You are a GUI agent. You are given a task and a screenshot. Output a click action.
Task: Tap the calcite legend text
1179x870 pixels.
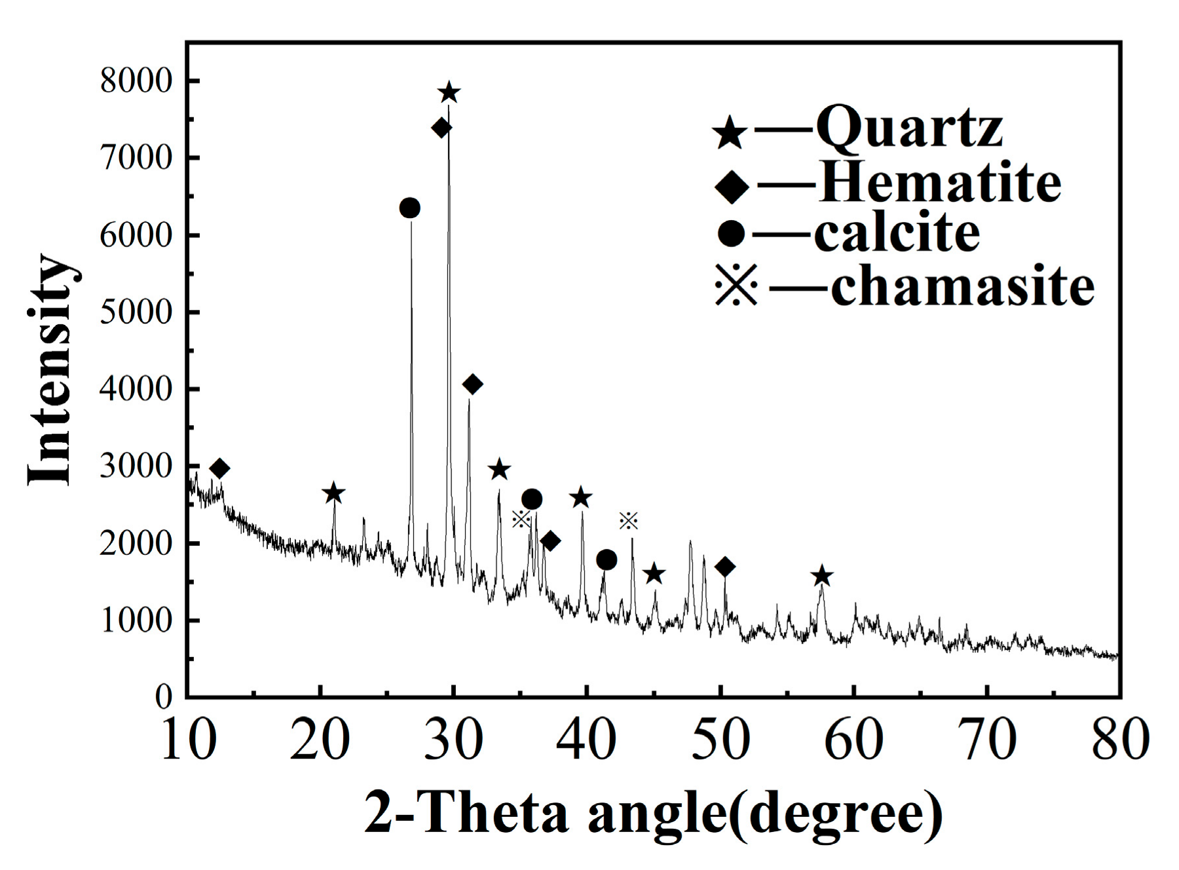(x=897, y=233)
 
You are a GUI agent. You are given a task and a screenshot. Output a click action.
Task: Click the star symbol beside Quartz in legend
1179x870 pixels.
(x=730, y=134)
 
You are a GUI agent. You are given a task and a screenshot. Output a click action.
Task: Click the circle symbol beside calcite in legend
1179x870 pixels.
(x=731, y=234)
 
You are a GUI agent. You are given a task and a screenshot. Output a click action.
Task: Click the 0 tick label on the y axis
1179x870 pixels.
(x=164, y=697)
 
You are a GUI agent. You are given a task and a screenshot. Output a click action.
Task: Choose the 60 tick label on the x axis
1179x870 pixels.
(x=853, y=739)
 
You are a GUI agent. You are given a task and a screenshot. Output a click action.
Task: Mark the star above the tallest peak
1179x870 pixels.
(x=449, y=93)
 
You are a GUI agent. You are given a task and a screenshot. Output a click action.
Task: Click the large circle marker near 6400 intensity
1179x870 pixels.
(x=409, y=208)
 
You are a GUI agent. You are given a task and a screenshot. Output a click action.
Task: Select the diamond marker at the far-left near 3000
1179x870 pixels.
(x=219, y=469)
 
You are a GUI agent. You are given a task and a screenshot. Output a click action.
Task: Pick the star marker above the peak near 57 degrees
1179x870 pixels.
(x=822, y=577)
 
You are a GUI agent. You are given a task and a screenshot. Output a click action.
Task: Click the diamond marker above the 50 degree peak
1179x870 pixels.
(x=724, y=567)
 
